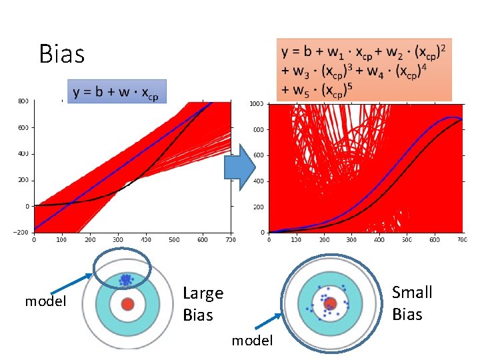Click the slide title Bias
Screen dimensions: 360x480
tap(62, 53)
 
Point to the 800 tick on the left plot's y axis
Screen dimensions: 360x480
tap(23, 101)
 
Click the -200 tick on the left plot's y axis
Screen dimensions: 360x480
tap(22, 232)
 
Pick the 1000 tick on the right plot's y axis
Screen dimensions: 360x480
tap(257, 104)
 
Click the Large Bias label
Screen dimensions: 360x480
tap(203, 303)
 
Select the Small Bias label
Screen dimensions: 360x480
tap(412, 303)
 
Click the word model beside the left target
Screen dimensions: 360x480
tap(46, 301)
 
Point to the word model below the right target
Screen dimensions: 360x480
tap(252, 341)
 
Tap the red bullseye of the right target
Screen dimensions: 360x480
tap(329, 304)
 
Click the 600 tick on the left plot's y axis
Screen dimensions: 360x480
tap(23, 127)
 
